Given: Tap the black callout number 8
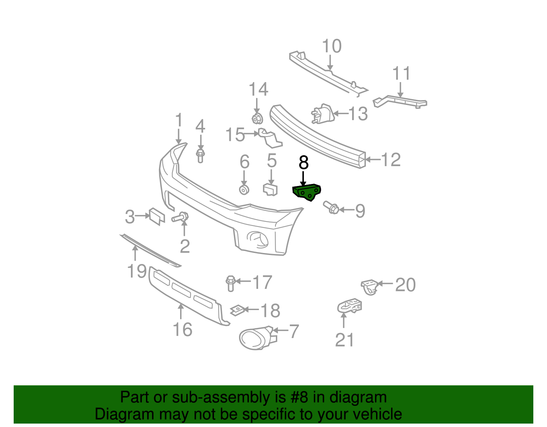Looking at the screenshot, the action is [304, 163].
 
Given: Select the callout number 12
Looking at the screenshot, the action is [390, 160].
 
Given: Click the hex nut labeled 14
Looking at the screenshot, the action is [257, 118].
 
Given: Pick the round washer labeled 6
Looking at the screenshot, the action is [244, 190].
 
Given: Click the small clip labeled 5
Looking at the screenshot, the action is [270, 189].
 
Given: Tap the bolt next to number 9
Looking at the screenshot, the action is [331, 207].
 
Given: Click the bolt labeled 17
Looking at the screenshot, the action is [231, 283].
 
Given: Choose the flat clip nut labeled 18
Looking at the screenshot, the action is [236, 310].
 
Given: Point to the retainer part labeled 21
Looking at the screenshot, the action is [349, 305].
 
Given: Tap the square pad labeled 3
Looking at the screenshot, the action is [156, 216].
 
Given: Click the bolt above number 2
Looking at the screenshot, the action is [181, 217].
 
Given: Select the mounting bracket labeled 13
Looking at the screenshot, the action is [323, 114].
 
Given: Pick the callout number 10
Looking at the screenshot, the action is [332, 46].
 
